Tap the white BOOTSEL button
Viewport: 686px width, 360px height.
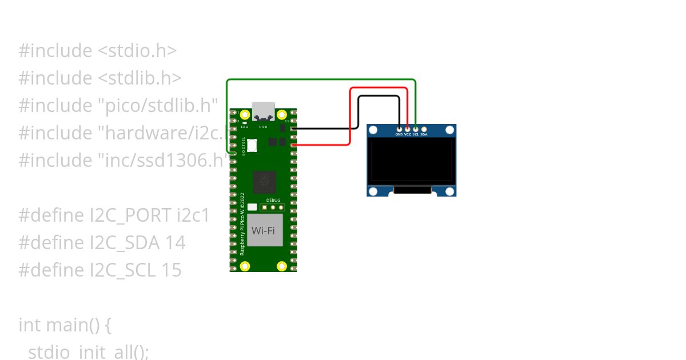tap(252, 145)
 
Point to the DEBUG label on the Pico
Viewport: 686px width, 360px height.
tap(273, 201)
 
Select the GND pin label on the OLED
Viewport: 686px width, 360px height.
tap(399, 134)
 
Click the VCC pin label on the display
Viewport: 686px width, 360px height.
tap(408, 134)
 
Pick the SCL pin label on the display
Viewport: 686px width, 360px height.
tap(416, 134)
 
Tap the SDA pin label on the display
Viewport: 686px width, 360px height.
tap(424, 134)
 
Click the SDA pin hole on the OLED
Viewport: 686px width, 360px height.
tap(424, 129)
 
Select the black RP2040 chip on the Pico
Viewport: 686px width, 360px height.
tap(265, 182)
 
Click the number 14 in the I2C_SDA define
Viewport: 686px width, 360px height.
tap(175, 243)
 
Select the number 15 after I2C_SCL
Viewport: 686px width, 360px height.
tap(171, 270)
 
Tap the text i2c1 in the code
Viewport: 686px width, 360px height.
tap(193, 215)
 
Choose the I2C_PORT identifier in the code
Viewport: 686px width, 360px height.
tap(130, 215)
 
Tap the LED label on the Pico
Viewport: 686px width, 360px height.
tap(244, 126)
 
